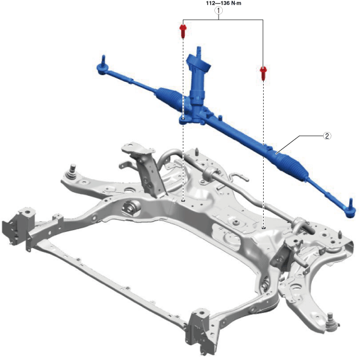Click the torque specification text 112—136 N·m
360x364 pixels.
[223, 3]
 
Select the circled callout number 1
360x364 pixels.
[219, 10]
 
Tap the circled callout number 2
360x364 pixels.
[327, 136]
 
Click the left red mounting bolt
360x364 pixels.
[183, 31]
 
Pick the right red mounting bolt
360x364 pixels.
[263, 73]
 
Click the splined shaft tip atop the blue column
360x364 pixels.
[199, 51]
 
